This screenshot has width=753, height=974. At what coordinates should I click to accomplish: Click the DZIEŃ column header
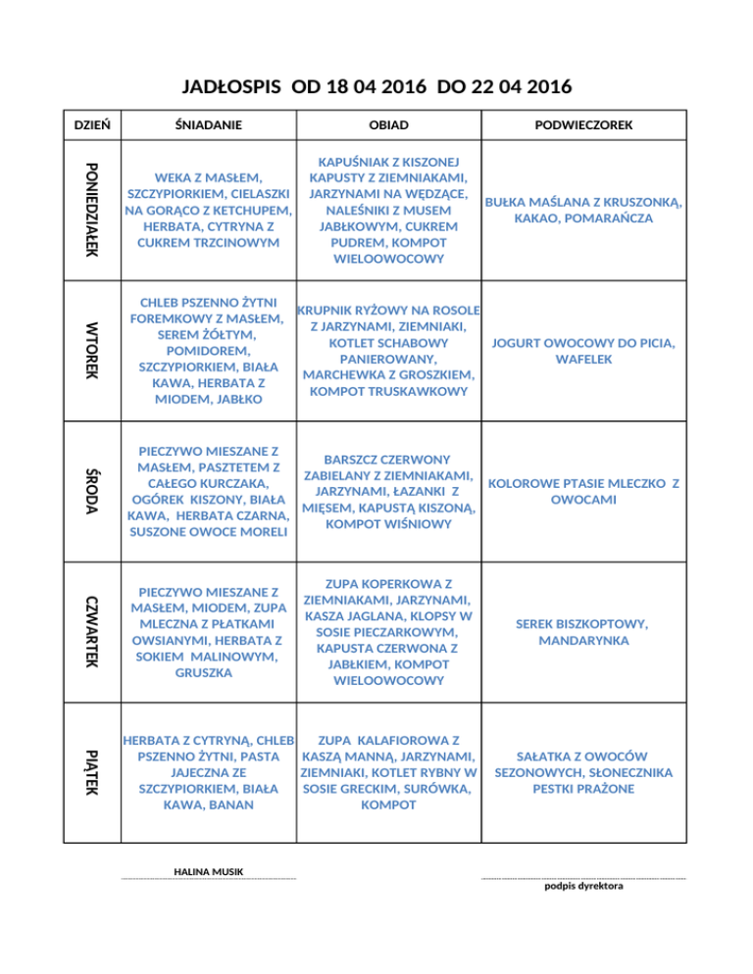pyautogui.click(x=91, y=125)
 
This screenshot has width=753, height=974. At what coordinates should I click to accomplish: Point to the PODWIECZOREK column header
pyautogui.click(x=584, y=125)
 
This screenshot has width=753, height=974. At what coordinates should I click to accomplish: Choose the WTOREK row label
pyautogui.click(x=91, y=351)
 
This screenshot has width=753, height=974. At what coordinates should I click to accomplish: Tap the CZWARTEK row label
pyautogui.click(x=91, y=631)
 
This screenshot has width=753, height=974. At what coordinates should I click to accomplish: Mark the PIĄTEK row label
pyautogui.click(x=91, y=772)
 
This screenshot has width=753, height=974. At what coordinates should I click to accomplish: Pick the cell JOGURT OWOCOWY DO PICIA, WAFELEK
pyautogui.click(x=584, y=351)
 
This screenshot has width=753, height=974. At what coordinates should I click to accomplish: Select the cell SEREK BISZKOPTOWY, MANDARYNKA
pyautogui.click(x=584, y=632)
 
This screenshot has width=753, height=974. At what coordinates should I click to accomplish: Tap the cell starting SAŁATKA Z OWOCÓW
pyautogui.click(x=584, y=772)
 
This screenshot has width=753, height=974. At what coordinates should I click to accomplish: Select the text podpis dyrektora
pyautogui.click(x=582, y=888)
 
